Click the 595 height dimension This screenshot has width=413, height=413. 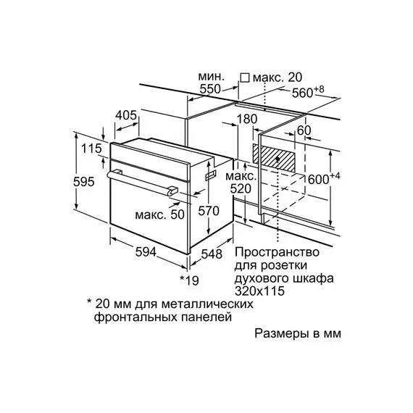pos(84,182)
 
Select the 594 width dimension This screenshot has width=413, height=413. pos(146,252)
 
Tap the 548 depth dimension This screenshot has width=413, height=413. pos(212,254)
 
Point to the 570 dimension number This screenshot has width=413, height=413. pos(209,211)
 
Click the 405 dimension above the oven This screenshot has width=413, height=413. pos(126,115)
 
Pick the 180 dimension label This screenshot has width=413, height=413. pos(247,119)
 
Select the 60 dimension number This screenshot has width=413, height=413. pos(304,130)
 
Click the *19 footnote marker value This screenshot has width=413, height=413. pos(189,280)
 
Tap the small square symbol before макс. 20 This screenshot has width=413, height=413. pos(245,78)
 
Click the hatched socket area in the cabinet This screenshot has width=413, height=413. pos(274,158)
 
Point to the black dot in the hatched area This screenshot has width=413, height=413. pos(278,159)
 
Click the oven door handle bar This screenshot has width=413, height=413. pos(142,183)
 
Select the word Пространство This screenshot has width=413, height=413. pos(277,252)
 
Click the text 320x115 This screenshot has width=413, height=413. pos(259,291)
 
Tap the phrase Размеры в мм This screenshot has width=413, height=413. pos(298,333)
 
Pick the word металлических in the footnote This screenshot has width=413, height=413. pos(207,304)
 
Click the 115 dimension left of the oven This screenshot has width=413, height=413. pos(91,149)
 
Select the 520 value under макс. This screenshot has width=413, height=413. pos(241,188)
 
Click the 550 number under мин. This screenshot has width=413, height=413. pos(210,89)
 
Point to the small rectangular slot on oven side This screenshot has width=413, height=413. pos(211,175)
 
